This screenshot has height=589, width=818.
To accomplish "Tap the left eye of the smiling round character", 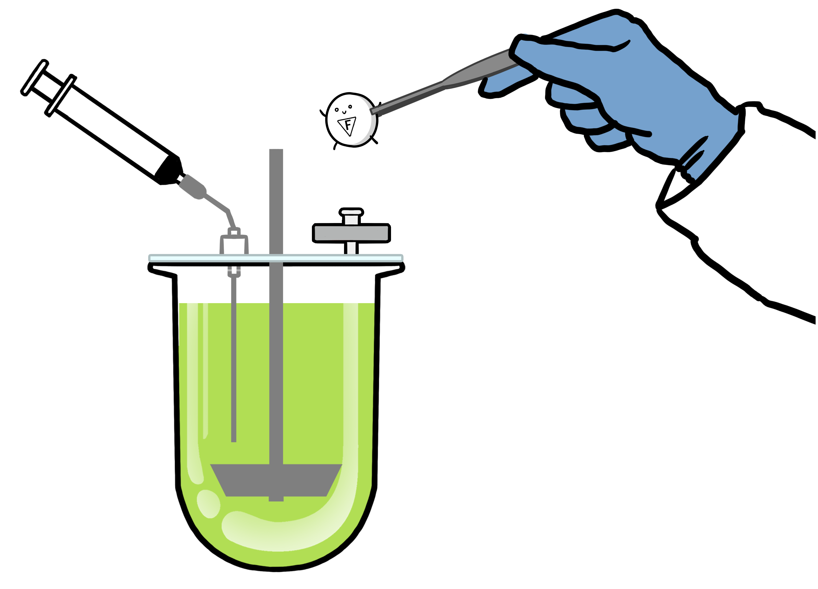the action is (x=337, y=110).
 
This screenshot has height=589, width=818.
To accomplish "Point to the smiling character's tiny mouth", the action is (x=344, y=112).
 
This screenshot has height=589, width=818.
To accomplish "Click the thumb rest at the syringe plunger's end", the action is (x=35, y=77).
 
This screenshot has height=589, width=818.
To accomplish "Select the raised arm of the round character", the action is (x=322, y=113).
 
